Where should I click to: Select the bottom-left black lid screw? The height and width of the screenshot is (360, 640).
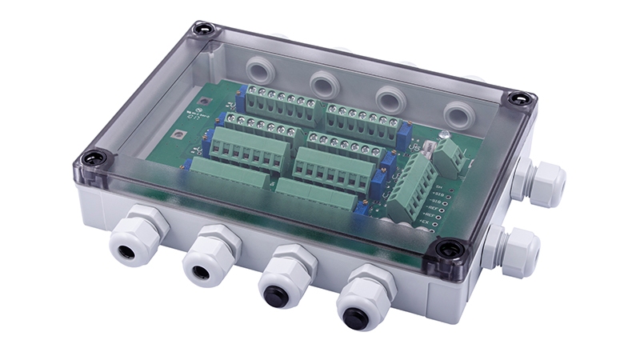pos(93,158)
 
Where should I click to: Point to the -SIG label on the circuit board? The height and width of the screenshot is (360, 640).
pos(437,204)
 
